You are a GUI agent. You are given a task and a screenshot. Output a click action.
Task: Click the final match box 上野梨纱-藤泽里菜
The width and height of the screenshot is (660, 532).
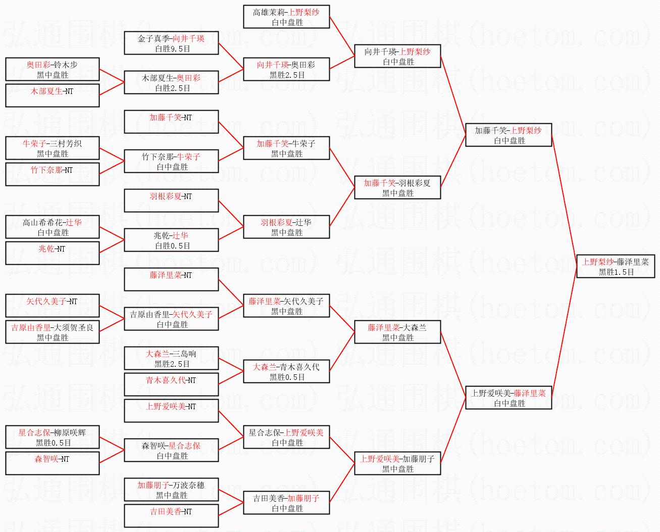(616, 266)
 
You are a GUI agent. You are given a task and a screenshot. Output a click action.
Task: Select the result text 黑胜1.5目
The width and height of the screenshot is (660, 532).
(616, 272)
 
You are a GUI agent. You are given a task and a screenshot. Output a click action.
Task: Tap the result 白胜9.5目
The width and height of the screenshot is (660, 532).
(172, 49)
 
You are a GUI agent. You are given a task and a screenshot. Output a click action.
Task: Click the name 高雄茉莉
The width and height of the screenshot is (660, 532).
(269, 12)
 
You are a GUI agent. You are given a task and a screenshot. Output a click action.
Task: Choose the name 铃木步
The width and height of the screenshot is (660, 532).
(66, 65)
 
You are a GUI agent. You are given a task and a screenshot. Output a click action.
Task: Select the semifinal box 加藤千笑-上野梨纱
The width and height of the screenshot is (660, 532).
(509, 135)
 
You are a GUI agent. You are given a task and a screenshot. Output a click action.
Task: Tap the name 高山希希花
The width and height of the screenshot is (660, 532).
(42, 222)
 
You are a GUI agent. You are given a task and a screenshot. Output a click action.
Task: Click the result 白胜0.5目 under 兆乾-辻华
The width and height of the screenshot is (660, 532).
(172, 246)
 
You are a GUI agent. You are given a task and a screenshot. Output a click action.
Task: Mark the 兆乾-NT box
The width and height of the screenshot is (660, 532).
(52, 253)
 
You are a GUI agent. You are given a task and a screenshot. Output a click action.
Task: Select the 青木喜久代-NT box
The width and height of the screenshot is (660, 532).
(171, 384)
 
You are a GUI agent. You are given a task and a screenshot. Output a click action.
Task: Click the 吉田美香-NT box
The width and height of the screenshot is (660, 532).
(171, 516)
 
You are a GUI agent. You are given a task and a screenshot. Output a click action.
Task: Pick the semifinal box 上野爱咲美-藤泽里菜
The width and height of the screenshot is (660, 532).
(509, 398)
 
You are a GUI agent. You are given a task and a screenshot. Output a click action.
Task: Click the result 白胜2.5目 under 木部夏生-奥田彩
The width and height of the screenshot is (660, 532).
(172, 88)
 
